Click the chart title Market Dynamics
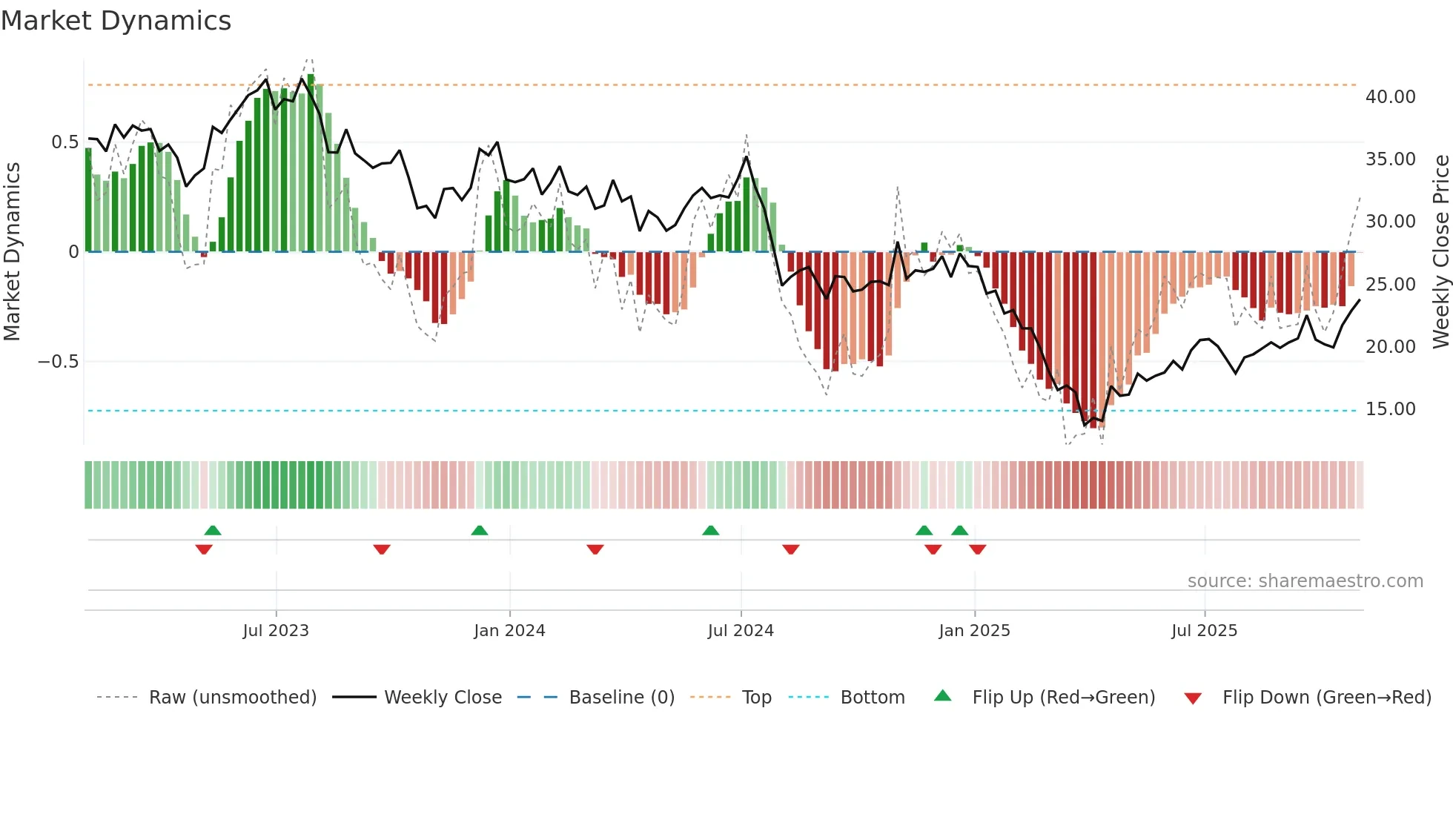[x=116, y=21]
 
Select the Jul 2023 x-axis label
[x=276, y=631]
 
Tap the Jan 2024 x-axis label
[x=509, y=631]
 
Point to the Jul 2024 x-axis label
[x=741, y=631]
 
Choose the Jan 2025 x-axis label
[x=974, y=631]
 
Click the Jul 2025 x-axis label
[x=1205, y=631]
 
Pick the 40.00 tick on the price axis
[x=1391, y=97]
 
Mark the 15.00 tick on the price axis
[x=1391, y=409]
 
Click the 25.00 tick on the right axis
[x=1391, y=285]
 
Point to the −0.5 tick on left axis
[x=58, y=362]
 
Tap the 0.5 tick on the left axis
[x=64, y=142]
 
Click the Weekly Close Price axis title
[x=1440, y=251]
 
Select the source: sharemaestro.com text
[x=1305, y=581]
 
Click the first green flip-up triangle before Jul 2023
[x=213, y=530]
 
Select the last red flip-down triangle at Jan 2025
[x=978, y=549]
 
